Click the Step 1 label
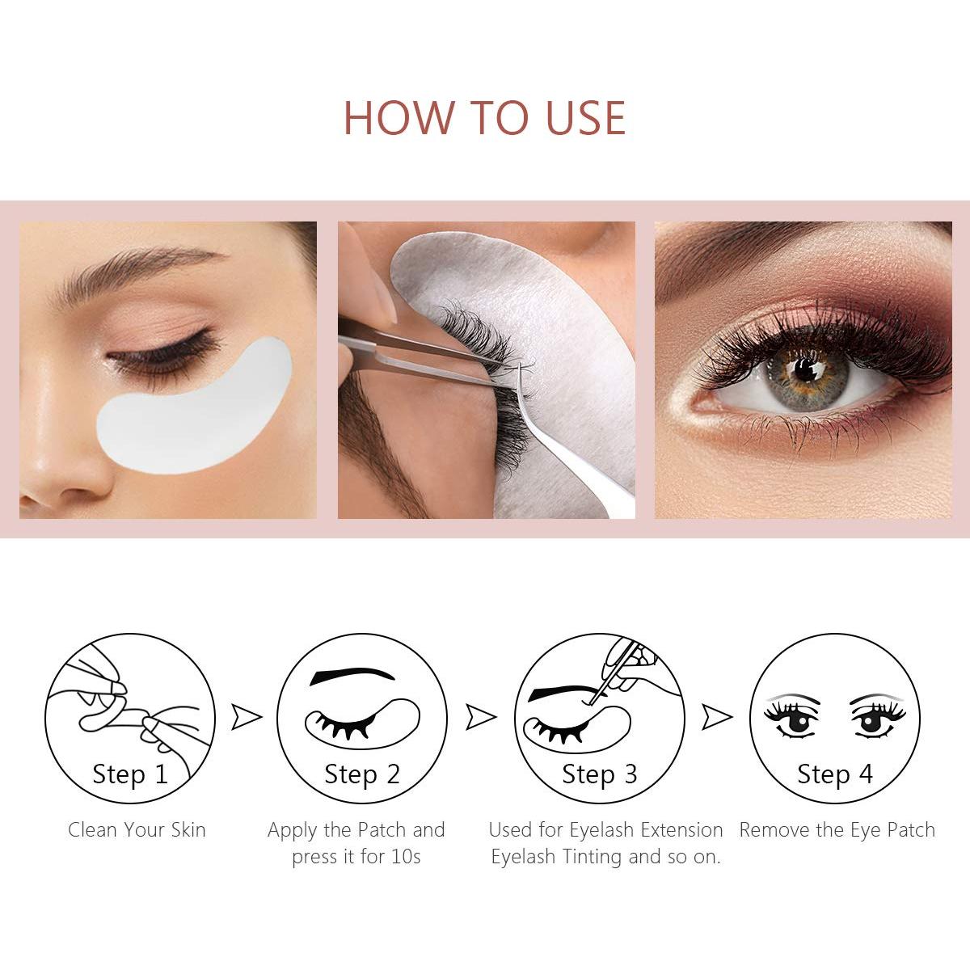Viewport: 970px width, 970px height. (130, 774)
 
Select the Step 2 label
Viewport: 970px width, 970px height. (362, 774)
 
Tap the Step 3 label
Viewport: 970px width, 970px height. (600, 774)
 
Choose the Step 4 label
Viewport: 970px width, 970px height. (835, 774)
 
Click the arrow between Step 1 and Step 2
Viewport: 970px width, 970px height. (246, 716)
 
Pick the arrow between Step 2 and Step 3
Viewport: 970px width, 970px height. (481, 716)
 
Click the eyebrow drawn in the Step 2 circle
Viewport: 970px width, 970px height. (352, 677)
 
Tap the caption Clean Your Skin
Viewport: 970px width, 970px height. (137, 830)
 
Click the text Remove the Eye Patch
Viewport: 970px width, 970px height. (837, 830)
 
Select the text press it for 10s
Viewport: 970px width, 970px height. (356, 857)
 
